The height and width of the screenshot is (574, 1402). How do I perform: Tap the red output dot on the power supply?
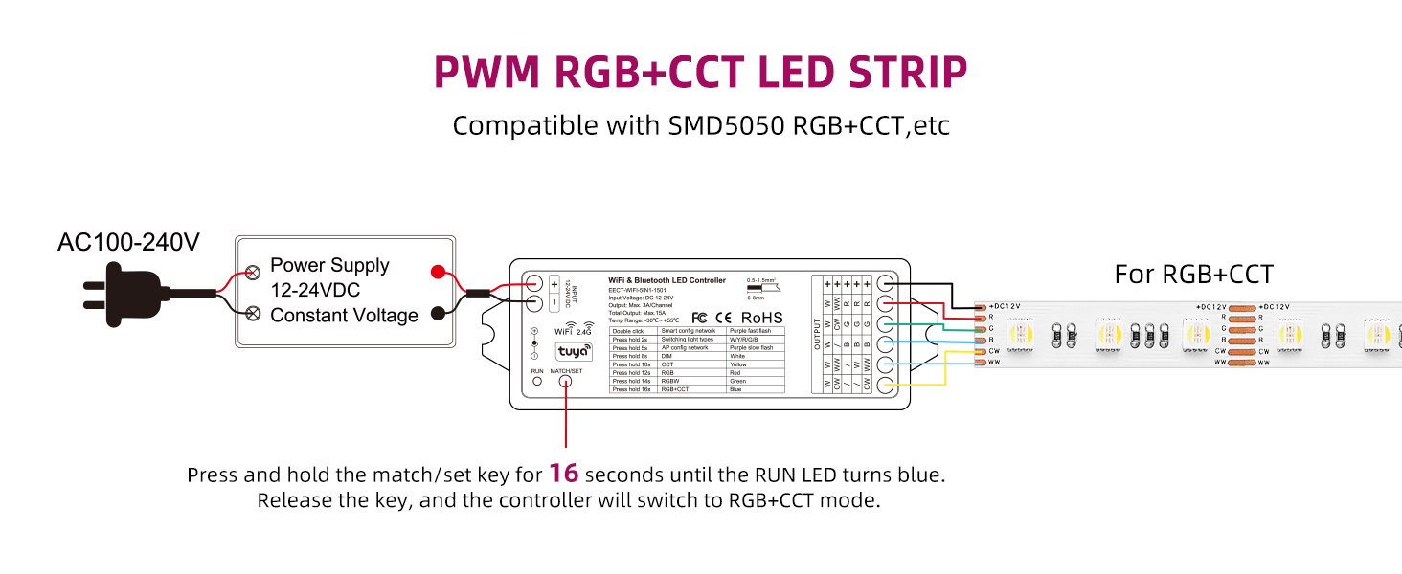pyautogui.click(x=437, y=272)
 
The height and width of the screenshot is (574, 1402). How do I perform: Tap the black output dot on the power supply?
pyautogui.click(x=437, y=313)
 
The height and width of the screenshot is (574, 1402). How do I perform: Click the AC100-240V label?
pyautogui.click(x=128, y=243)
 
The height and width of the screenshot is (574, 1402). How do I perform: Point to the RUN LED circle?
pyautogui.click(x=536, y=381)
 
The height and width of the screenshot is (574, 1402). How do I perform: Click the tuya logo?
pyautogui.click(x=575, y=352)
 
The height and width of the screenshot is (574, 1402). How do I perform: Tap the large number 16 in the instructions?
pyautogui.click(x=565, y=474)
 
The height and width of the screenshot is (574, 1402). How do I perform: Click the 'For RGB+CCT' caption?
pyautogui.click(x=1193, y=276)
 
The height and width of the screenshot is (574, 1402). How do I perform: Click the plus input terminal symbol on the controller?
pyautogui.click(x=554, y=284)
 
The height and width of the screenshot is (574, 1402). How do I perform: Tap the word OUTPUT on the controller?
pyautogui.click(x=818, y=334)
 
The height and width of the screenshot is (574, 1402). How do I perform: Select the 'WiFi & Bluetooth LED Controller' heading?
pyautogui.click(x=667, y=280)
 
